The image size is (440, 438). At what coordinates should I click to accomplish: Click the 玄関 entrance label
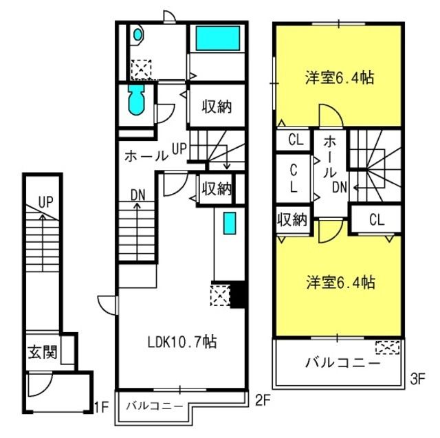(x=43, y=352)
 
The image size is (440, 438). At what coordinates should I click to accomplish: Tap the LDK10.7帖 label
(x=182, y=342)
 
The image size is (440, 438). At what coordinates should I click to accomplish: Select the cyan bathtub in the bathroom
(x=218, y=38)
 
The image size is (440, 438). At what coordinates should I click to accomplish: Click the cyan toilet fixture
(x=136, y=100)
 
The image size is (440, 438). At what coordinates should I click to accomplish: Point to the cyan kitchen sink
(x=230, y=223)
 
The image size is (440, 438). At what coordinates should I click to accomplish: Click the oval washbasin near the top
(x=137, y=35)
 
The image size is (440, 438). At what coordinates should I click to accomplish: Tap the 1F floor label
(x=101, y=408)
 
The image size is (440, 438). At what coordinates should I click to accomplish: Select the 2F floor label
(x=263, y=400)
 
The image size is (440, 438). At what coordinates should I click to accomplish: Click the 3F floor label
(x=417, y=379)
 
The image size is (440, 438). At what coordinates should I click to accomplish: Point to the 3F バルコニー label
(x=342, y=363)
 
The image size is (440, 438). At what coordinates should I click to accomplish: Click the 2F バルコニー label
(x=155, y=406)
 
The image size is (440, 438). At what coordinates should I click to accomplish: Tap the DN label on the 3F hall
(x=340, y=187)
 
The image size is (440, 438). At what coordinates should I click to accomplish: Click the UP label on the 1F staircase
(x=46, y=201)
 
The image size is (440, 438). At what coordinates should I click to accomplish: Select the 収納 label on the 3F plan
(x=292, y=219)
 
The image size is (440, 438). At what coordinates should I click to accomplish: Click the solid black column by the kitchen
(x=238, y=294)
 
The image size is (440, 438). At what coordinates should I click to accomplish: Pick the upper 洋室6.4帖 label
(x=340, y=77)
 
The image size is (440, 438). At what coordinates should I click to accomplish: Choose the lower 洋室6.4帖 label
(x=340, y=282)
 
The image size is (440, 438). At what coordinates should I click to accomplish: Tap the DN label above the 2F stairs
(x=137, y=195)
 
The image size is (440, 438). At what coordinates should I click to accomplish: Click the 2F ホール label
(x=146, y=156)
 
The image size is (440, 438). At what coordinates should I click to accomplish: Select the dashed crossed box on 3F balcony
(x=388, y=347)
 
